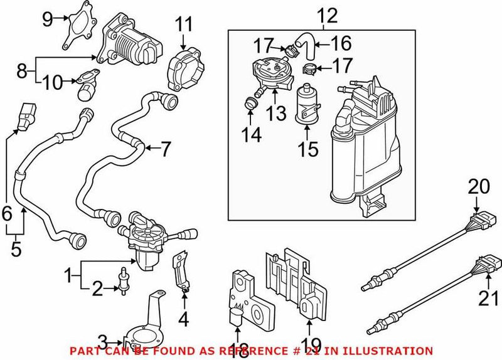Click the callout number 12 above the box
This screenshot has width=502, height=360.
pyautogui.click(x=327, y=14)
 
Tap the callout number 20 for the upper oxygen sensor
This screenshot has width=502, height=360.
pyautogui.click(x=478, y=186)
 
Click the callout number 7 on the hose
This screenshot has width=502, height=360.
pyautogui.click(x=165, y=149)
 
